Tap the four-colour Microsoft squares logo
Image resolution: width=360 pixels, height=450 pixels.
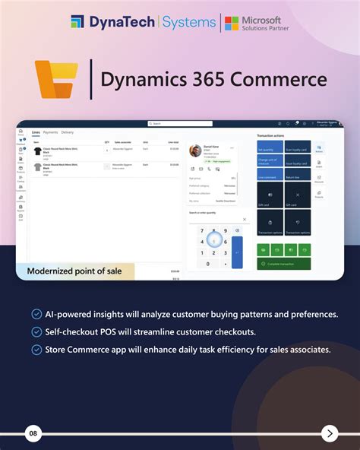(232, 23)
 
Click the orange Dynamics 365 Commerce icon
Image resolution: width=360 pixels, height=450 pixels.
(57, 79)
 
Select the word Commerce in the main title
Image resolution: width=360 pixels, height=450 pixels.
(288, 79)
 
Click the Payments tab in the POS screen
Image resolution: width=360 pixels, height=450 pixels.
(51, 132)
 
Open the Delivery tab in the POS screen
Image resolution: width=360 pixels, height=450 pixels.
(68, 132)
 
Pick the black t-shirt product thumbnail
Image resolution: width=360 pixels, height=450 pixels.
(38, 151)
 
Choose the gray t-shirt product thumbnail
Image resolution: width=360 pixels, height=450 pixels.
(38, 166)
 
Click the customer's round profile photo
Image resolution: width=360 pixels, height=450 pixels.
(195, 151)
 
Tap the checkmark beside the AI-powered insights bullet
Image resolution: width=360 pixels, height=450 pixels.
(36, 314)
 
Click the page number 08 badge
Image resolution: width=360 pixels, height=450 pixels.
(33, 434)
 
